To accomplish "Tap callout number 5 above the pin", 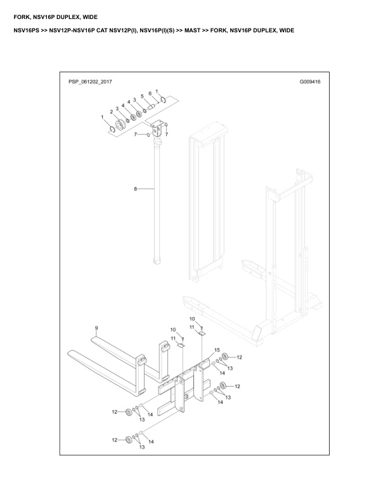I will click(141, 96).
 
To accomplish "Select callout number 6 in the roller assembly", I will click(150, 93).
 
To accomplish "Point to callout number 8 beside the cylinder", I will click(135, 189).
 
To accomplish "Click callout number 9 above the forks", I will click(96, 328).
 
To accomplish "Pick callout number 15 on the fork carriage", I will click(217, 350).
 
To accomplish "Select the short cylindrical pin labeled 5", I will click(151, 106).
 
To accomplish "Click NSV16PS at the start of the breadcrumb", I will click(26, 30).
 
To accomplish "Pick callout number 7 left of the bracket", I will click(136, 134).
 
